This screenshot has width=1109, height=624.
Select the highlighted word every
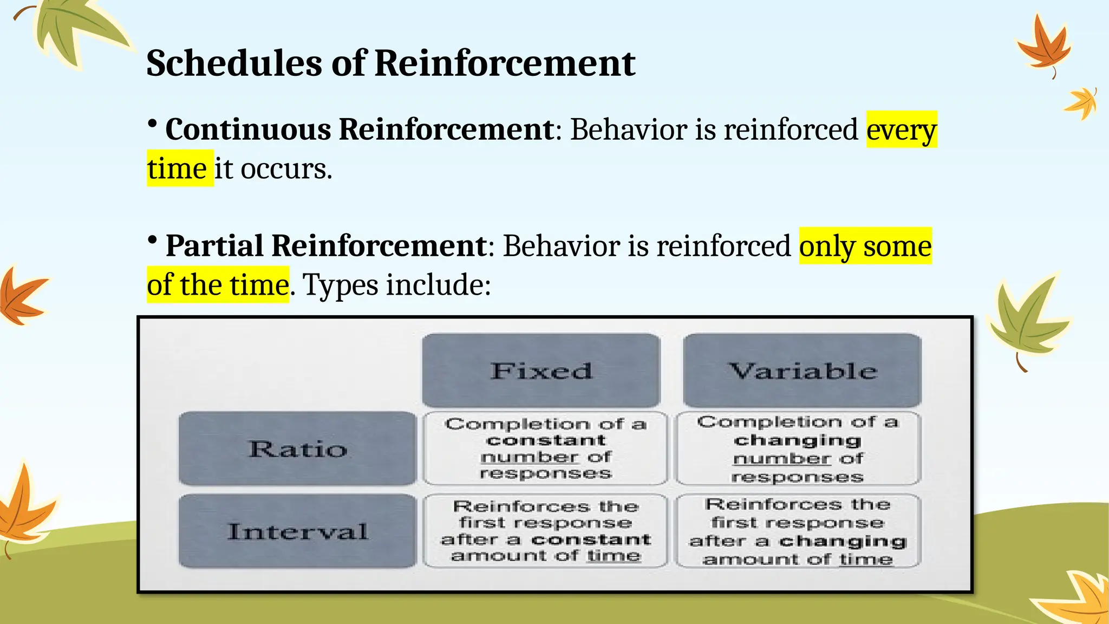(901, 130)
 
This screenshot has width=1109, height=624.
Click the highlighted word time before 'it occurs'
(177, 169)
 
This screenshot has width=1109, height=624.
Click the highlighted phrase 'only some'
(865, 246)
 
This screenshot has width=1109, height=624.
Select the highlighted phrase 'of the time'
(218, 285)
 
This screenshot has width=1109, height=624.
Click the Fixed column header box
(541, 371)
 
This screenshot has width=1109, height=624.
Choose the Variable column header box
(802, 371)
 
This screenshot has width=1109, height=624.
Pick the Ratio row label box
(297, 448)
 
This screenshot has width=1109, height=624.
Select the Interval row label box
(297, 531)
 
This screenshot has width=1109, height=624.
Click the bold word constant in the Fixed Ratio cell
(546, 440)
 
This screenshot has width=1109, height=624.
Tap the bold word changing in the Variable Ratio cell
(797, 440)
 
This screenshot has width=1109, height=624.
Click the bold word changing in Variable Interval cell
(843, 541)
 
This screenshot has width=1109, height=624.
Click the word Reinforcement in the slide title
(504, 63)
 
